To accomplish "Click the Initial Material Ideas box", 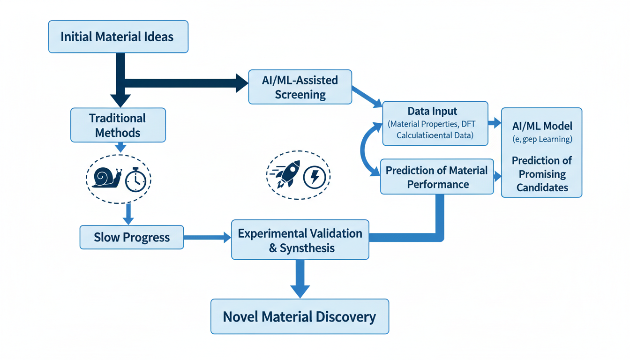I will coord(118,37).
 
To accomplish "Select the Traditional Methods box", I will coord(118,125).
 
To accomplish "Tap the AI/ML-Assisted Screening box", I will coord(300,88).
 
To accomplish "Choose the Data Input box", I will coord(435,123).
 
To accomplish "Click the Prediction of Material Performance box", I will coord(436,177).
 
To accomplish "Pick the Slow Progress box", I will coord(132,237).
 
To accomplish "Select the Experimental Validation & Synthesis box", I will coord(300,240).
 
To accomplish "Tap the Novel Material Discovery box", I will coord(300,316).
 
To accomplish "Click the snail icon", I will coord(107,178).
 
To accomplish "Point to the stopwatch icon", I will coord(135,179).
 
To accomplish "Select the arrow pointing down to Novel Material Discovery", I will coord(300,280).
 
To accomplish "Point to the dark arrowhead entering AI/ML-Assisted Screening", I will coord(242,83).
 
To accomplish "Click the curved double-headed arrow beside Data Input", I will coord(366,150).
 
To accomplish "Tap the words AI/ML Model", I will coord(542,127).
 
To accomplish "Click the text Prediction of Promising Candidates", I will coord(542,174).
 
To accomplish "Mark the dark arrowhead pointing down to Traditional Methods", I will coord(120,100).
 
